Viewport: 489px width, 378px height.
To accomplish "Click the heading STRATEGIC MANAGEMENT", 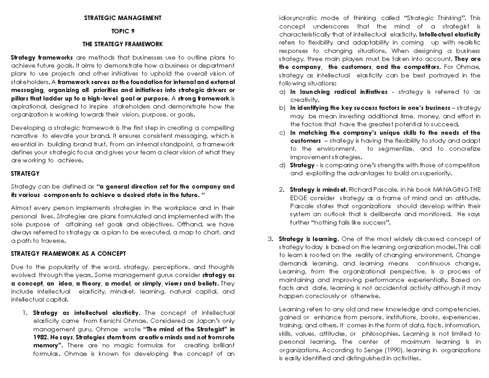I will pyautogui.click(x=123, y=18).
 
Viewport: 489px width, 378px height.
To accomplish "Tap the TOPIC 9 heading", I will pyautogui.click(x=123, y=31).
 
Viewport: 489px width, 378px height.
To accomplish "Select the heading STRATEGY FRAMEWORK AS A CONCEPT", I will pyautogui.click(x=68, y=253).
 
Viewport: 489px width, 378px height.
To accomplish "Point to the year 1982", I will pyautogui.click(x=41, y=337).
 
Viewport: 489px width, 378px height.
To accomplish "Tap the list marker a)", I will pyautogui.click(x=282, y=92).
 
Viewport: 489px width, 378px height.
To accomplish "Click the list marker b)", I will pyautogui.click(x=282, y=108).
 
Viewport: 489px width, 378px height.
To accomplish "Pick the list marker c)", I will pyautogui.click(x=282, y=133).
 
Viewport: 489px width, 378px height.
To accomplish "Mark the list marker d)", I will pyautogui.click(x=282, y=165).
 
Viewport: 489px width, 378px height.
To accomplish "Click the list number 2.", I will pyautogui.click(x=281, y=190).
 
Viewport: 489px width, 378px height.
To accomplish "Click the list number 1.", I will pyautogui.click(x=25, y=313).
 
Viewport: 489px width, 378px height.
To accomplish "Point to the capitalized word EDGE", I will pyautogui.click(x=298, y=198).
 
